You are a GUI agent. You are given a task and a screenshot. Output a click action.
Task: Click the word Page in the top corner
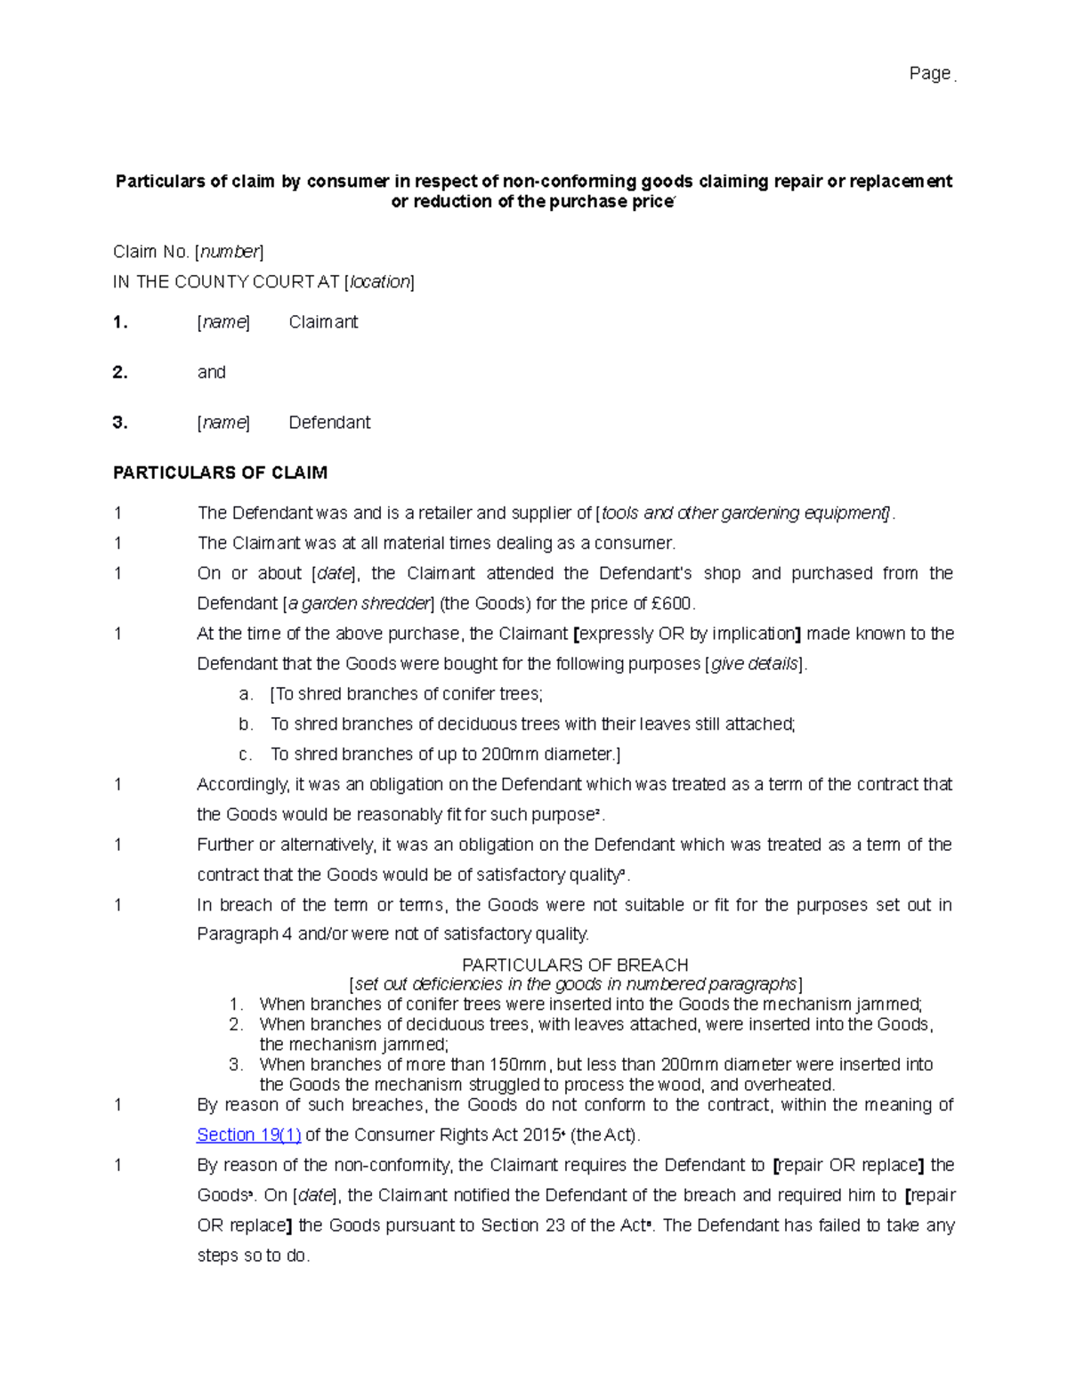point(929,74)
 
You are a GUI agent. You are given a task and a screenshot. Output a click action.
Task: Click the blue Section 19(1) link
point(248,1135)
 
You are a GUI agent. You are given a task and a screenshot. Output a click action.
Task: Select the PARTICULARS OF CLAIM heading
point(220,473)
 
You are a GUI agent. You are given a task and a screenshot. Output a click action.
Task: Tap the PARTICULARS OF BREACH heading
point(575,965)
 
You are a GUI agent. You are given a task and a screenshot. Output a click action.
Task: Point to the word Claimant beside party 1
point(323,322)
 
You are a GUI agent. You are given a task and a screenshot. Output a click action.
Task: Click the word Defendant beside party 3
point(329,423)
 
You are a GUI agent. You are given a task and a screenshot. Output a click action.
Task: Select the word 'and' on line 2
point(211,372)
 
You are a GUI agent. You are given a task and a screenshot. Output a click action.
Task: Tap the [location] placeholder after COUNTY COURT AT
point(379,282)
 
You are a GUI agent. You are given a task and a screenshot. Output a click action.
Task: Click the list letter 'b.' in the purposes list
point(247,724)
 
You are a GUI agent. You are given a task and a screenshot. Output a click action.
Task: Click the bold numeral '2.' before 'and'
point(120,372)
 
